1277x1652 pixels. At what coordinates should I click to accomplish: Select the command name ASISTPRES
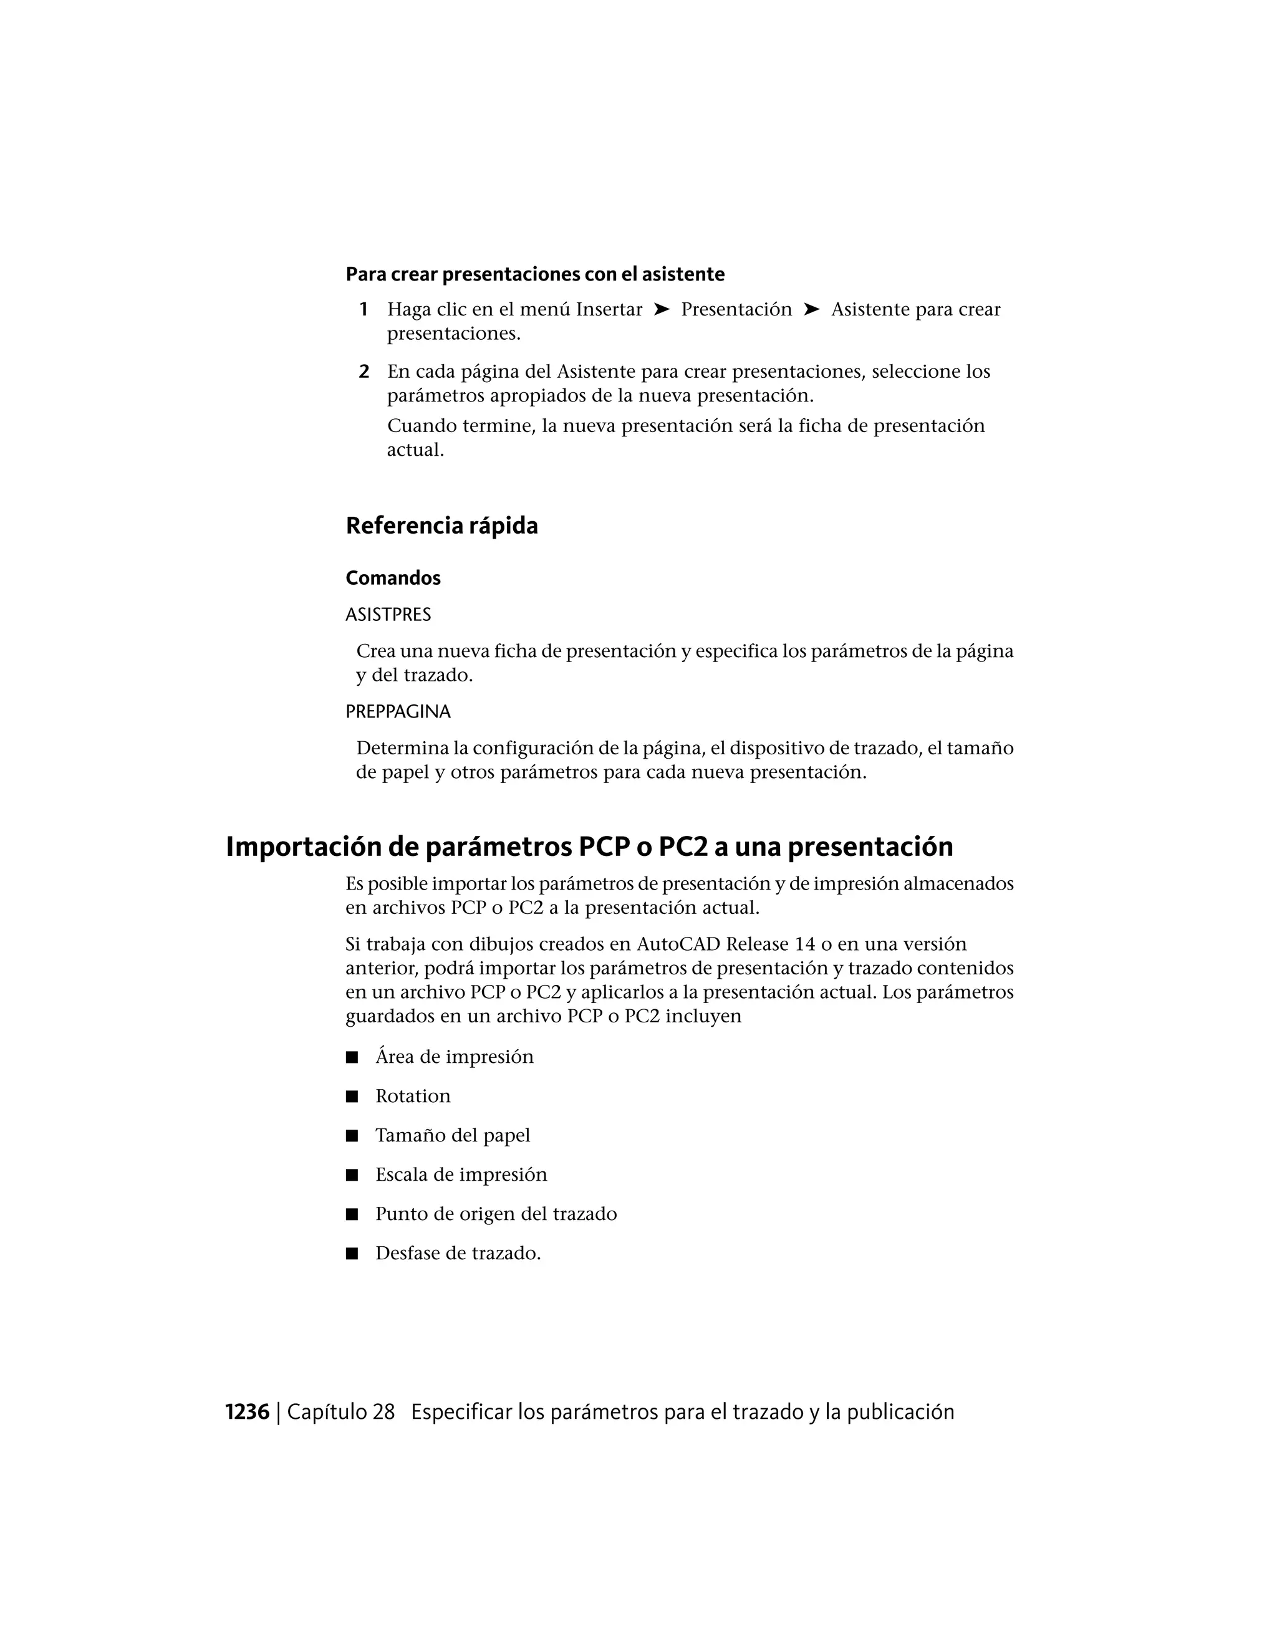388,615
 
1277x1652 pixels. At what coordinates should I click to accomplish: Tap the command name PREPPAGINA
398,712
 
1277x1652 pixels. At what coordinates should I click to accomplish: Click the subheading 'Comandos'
393,578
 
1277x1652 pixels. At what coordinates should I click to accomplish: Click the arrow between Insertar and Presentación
661,309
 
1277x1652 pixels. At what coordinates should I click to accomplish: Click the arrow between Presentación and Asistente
811,309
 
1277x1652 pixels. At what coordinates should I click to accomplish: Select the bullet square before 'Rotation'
352,1097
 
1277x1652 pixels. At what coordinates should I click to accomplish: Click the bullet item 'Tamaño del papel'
453,1135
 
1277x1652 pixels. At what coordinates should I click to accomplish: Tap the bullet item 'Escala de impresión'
461,1174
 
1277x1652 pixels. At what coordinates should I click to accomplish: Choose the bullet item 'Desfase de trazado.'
458,1254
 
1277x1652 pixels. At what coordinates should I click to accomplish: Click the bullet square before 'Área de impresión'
352,1057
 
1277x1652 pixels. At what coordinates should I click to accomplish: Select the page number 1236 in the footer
248,1412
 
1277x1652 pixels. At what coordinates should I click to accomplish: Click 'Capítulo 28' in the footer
341,1412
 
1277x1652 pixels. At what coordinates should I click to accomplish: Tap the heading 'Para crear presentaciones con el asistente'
535,274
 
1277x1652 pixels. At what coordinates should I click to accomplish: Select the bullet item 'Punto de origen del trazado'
496,1214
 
